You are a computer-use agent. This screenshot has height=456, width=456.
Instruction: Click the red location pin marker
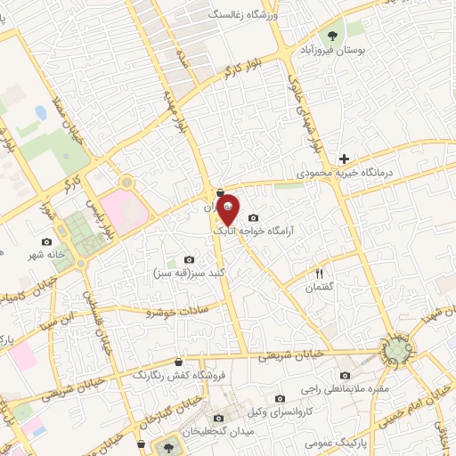[x=228, y=208]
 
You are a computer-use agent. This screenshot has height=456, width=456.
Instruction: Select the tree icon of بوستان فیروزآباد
[x=332, y=37]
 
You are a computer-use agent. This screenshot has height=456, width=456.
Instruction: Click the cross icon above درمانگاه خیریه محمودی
[x=344, y=159]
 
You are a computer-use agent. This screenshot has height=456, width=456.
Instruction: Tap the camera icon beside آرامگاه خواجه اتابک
[x=254, y=218]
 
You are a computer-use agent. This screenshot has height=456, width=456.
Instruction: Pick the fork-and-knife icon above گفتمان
[x=320, y=273]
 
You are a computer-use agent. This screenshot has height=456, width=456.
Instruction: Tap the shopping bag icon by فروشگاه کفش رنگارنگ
[x=181, y=362]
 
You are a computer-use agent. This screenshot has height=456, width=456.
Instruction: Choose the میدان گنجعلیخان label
[x=217, y=431]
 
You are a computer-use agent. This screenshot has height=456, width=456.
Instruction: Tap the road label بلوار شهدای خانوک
[x=304, y=110]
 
